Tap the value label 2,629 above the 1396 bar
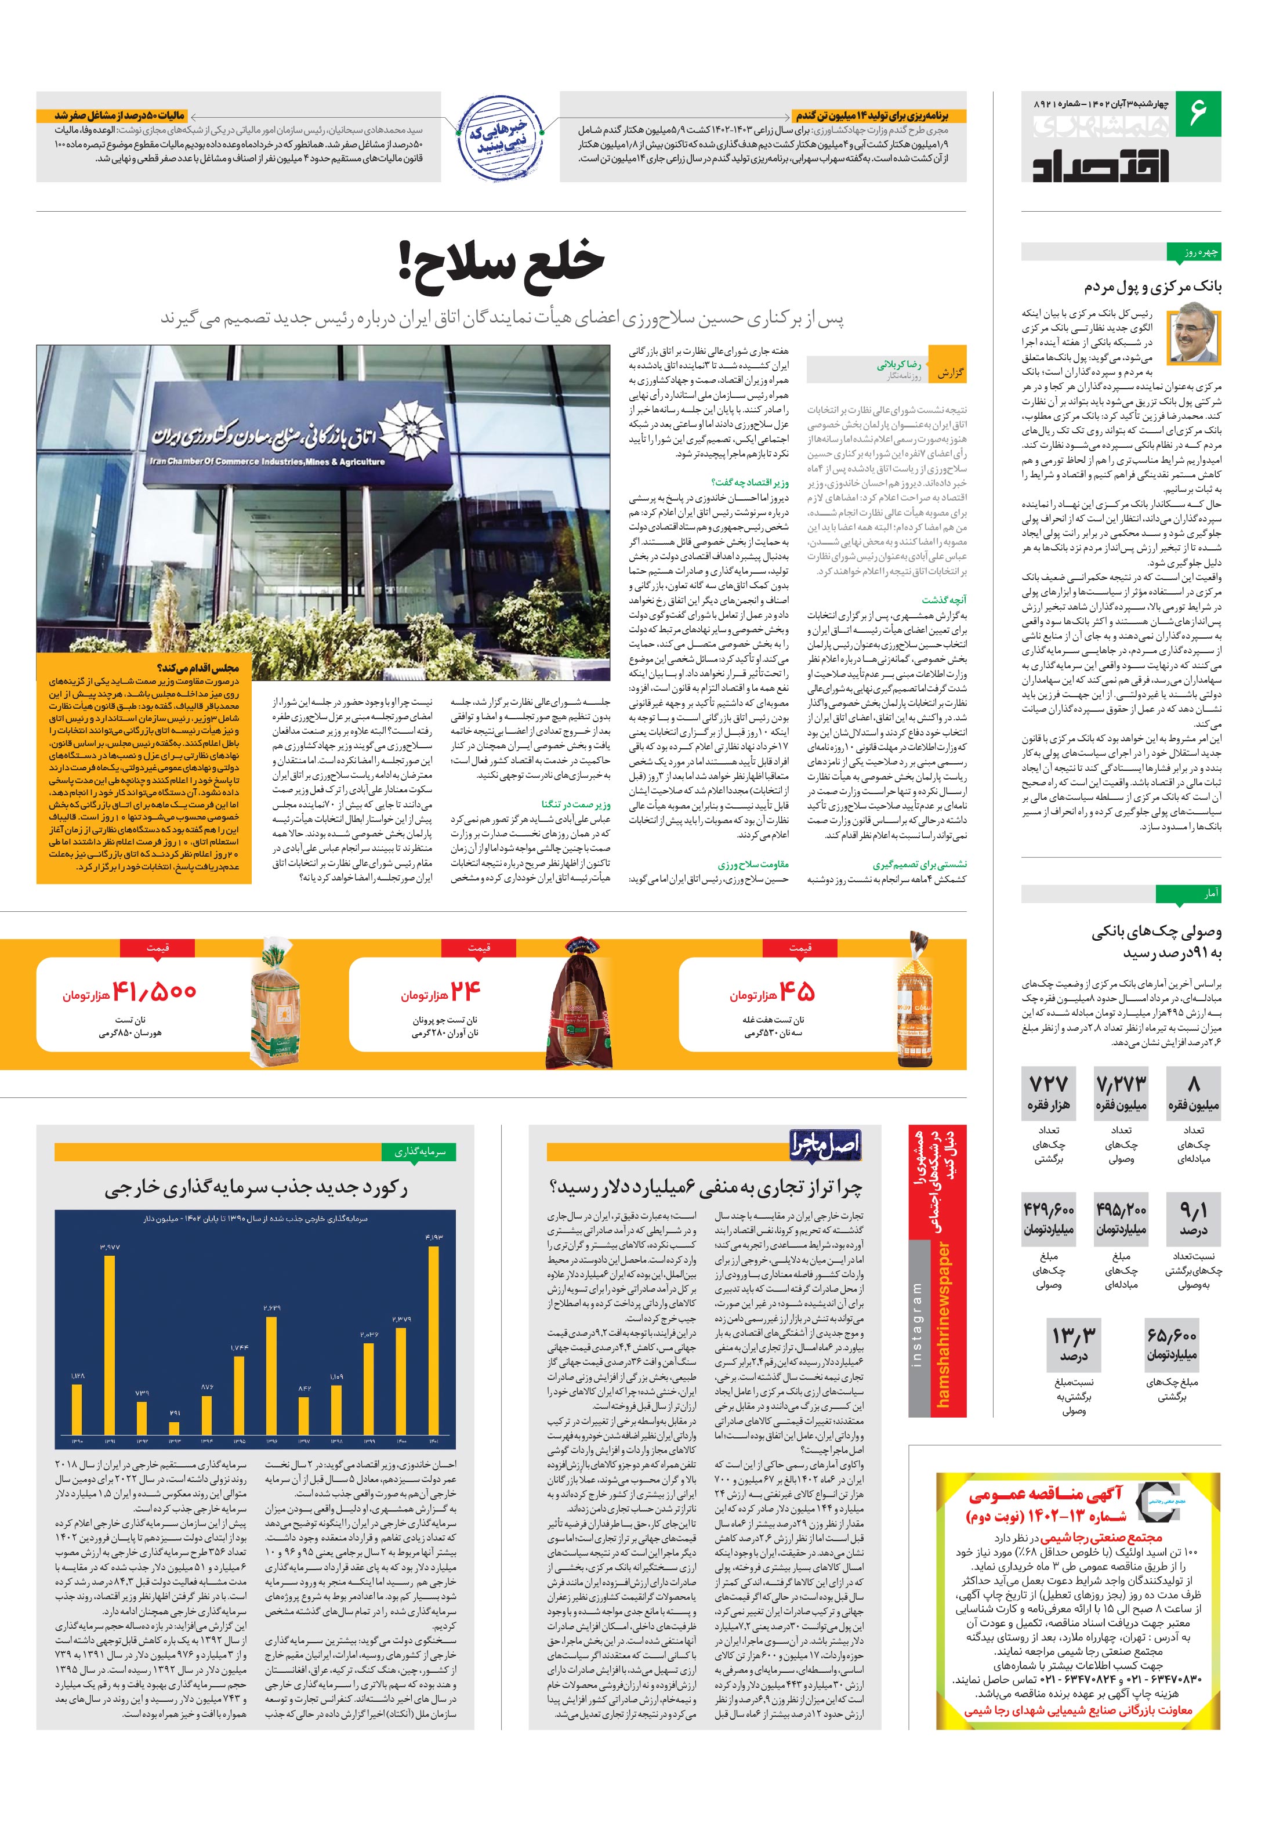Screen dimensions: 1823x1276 click(x=271, y=1307)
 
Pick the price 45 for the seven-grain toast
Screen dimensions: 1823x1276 click(x=796, y=992)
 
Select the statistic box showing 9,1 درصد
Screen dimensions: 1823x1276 click(x=1194, y=1219)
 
